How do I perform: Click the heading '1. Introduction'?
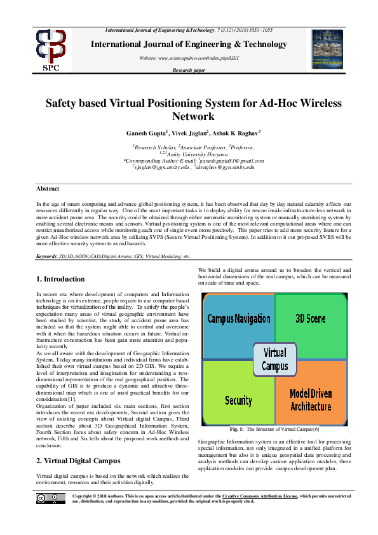pos(60,279)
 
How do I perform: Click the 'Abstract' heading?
pos(48,189)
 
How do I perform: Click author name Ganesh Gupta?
pos(147,133)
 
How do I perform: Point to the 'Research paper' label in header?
pos(189,69)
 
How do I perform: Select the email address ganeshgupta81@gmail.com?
pos(225,161)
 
